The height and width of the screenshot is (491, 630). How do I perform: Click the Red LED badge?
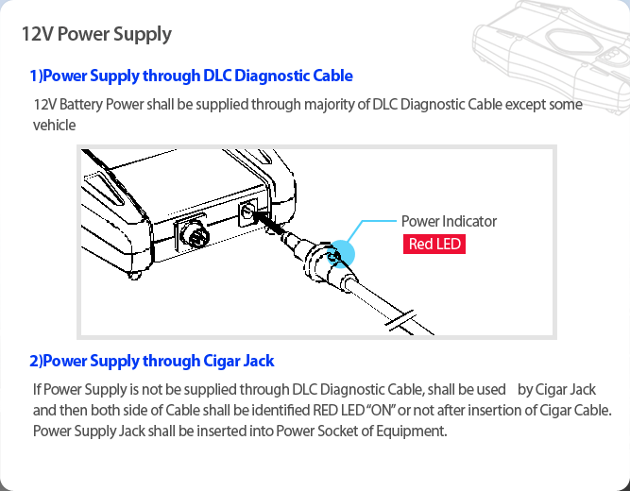coord(434,244)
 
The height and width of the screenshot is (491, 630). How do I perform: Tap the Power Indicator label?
coord(449,221)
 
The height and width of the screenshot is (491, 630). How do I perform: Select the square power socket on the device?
coord(249,213)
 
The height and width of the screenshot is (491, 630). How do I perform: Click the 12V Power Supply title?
coord(96,35)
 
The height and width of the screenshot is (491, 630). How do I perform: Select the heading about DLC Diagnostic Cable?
coord(191,76)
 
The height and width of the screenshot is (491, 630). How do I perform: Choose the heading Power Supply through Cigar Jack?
coord(152,361)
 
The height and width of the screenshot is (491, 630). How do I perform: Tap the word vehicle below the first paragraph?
coord(54,125)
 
